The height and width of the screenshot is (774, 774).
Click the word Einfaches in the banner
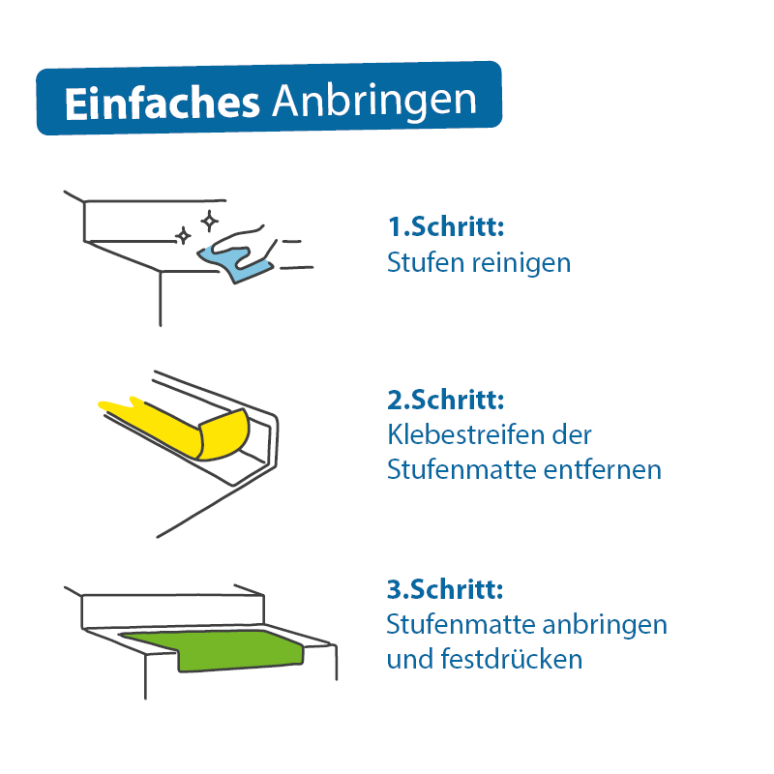coord(162,104)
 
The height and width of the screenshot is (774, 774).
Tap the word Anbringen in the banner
coord(374,104)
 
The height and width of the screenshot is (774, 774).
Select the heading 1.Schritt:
coord(446,226)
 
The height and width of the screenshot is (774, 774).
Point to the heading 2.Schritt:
coord(446,400)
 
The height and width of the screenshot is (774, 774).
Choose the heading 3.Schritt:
coord(445,589)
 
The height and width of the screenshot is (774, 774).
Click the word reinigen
coord(521,263)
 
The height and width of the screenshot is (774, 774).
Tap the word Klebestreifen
coord(467,434)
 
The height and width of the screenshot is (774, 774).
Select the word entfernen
coord(602,469)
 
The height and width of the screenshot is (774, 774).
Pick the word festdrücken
coord(512,659)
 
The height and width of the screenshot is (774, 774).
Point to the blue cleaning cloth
coord(235,264)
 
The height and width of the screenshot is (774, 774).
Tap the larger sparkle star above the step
coord(210,221)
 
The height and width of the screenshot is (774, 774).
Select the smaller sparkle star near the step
coord(183,235)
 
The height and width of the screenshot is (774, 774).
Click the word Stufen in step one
coord(427,262)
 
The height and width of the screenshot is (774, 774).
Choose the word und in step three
coord(409,660)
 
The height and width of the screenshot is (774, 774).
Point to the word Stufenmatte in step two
coord(462,469)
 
